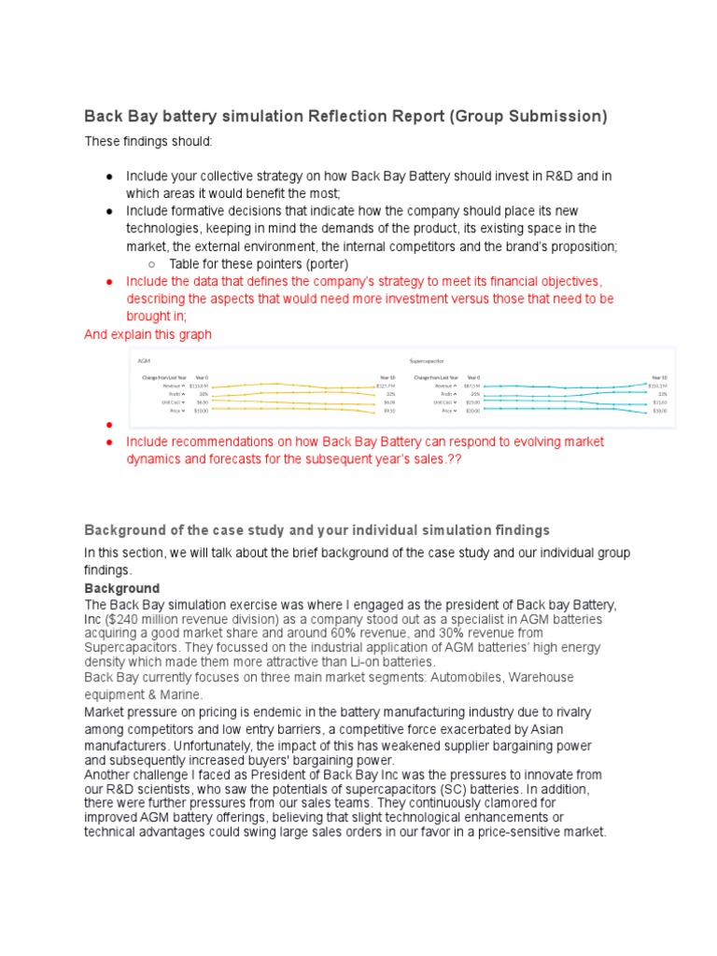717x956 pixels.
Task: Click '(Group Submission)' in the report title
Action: coord(529,117)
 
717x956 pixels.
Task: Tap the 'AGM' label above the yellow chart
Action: coord(143,359)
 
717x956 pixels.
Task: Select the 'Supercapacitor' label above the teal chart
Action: coord(427,359)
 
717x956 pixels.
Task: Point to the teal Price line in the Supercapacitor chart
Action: coord(560,409)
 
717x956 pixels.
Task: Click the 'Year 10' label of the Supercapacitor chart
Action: coord(660,377)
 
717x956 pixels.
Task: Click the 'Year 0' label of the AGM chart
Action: coord(201,377)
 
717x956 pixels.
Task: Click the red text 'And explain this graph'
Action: coord(148,334)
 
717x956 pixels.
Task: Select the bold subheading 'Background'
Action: coord(121,589)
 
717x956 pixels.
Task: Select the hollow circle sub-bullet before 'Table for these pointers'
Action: coord(151,264)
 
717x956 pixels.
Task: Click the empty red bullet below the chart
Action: coord(109,425)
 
